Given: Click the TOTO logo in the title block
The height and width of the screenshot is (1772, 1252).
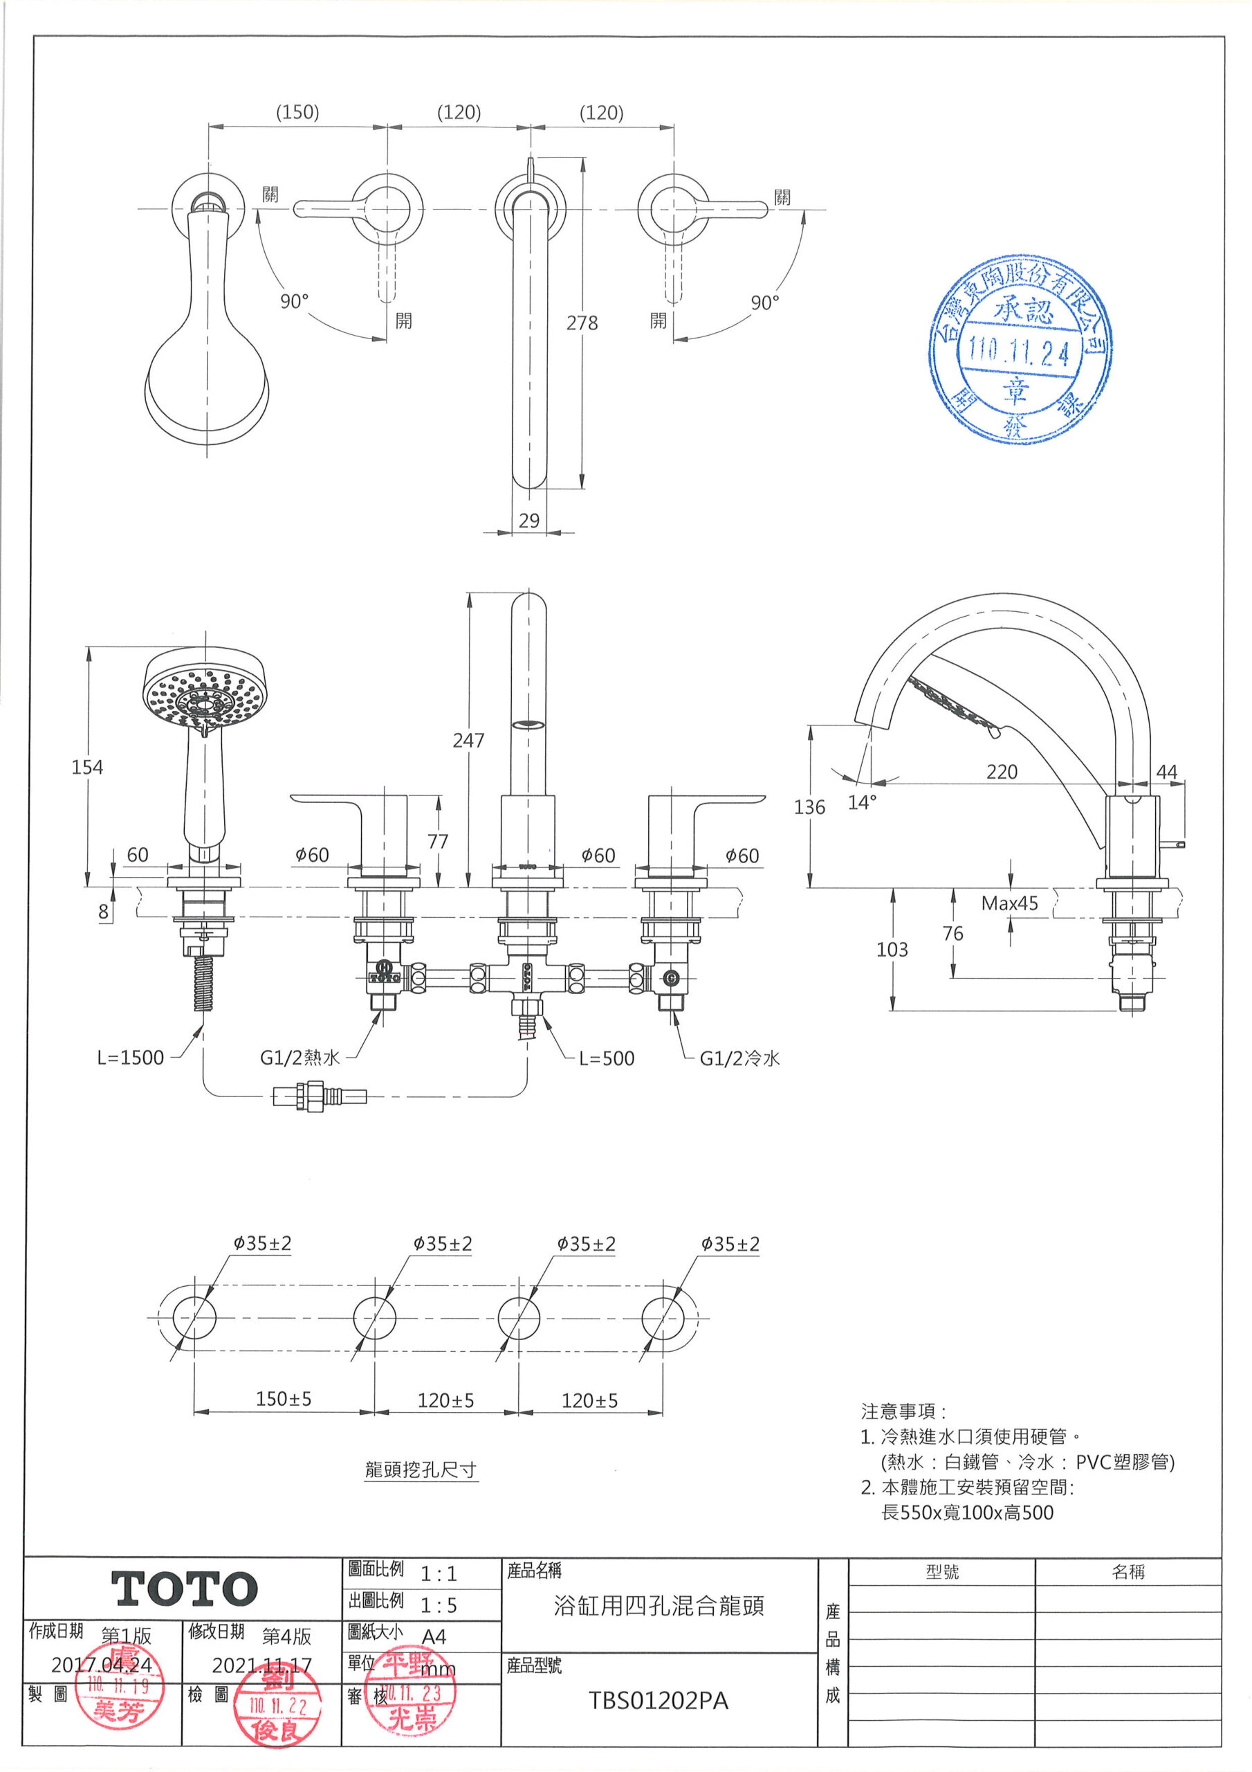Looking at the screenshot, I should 185,1589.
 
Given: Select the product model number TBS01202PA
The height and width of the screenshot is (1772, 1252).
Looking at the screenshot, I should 658,1701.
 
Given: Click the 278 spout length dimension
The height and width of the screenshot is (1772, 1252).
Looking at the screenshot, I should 582,323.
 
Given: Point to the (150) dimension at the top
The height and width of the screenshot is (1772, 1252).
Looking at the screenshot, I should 297,112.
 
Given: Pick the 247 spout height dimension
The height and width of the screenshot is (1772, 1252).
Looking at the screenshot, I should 468,740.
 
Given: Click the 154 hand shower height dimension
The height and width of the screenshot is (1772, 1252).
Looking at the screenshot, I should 87,766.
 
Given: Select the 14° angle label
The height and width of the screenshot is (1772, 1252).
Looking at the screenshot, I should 862,803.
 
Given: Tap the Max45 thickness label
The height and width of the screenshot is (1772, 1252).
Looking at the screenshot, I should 1009,903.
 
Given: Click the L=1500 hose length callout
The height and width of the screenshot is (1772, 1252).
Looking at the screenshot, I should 130,1058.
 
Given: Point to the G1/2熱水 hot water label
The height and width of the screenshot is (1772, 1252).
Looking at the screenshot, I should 300,1058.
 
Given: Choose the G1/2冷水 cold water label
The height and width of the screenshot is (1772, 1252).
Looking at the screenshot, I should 739,1058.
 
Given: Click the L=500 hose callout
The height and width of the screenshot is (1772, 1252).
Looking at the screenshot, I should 607,1058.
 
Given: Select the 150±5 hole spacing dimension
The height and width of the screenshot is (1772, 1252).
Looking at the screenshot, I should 283,1398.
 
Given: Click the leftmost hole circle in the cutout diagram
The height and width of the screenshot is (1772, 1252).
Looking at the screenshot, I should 194,1317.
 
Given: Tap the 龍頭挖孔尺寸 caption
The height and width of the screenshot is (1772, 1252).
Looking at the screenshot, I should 421,1470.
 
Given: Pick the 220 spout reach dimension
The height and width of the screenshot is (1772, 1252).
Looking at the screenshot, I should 1002,772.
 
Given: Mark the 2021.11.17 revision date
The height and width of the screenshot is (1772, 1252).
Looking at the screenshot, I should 261,1665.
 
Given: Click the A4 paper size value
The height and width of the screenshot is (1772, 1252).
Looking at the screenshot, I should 434,1636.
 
